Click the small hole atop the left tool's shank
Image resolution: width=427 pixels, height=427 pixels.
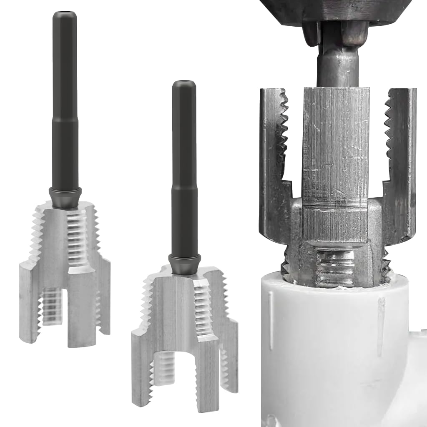tap(65, 14)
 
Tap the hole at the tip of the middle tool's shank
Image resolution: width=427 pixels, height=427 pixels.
tap(184, 83)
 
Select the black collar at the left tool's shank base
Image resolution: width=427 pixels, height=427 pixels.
tap(65, 196)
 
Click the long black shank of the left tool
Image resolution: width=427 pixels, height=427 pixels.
tap(65, 104)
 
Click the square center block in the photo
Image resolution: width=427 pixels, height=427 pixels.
tap(335, 163)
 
